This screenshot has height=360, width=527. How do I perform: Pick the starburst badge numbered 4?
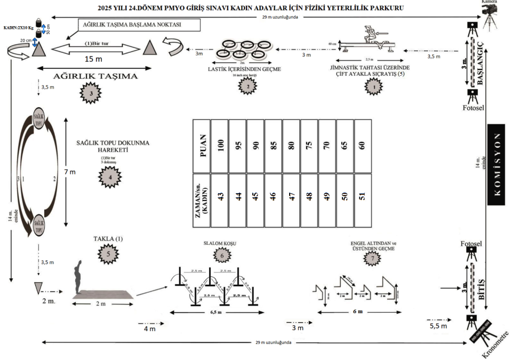[109, 174]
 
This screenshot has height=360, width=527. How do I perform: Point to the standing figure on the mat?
[79, 276]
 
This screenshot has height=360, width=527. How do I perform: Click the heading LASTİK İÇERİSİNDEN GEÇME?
[245, 69]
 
